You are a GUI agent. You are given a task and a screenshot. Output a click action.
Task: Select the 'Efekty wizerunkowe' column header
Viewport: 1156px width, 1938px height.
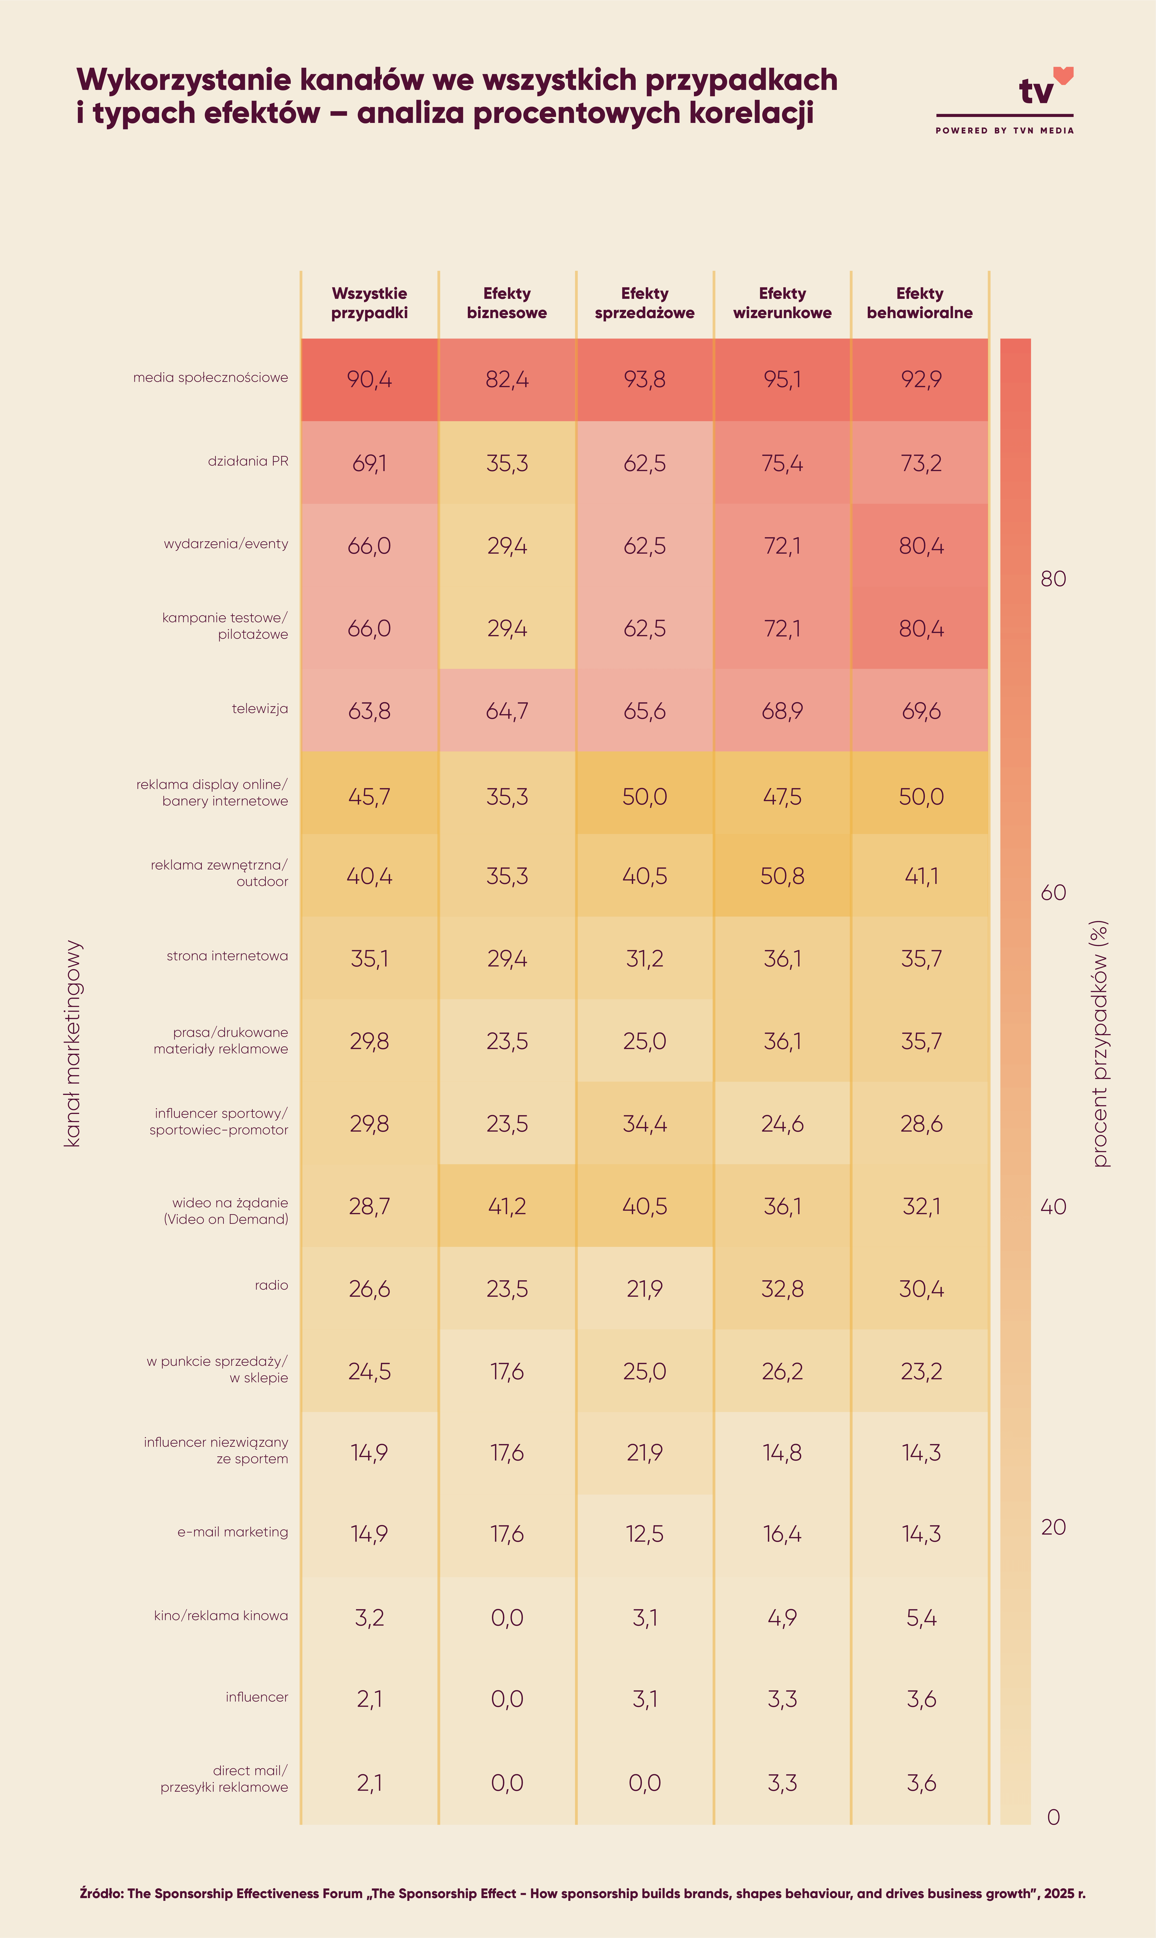pos(782,303)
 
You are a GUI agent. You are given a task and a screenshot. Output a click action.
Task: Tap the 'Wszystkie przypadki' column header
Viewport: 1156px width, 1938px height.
pos(369,303)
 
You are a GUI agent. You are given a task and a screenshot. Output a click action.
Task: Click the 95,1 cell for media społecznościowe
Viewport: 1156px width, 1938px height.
pos(782,379)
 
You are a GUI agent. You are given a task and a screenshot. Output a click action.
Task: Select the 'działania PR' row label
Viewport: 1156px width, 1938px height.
pos(248,461)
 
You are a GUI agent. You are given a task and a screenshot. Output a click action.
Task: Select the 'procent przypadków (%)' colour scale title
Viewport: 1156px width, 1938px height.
pos(1099,1044)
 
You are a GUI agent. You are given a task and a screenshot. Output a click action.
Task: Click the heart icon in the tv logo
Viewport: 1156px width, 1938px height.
pos(1063,75)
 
